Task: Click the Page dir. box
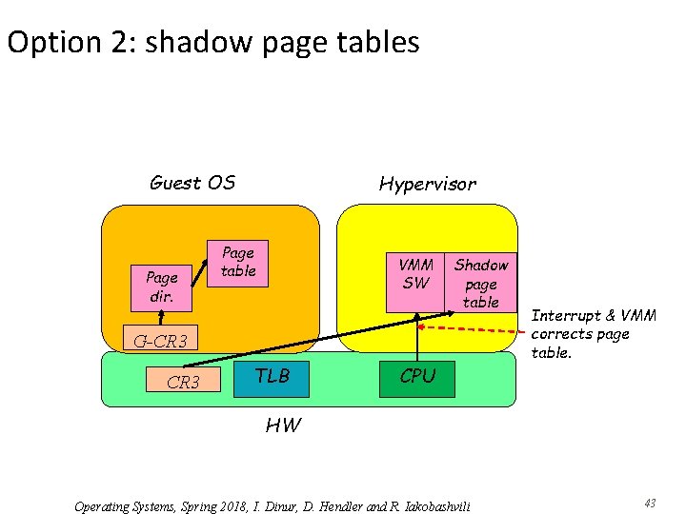coord(161,286)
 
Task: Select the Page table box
coord(237,262)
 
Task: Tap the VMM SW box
coord(415,282)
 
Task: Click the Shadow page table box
coord(480,283)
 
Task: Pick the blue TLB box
coord(272,377)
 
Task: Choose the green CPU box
coord(417,377)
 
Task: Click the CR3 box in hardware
coord(183,383)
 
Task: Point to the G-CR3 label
coord(159,341)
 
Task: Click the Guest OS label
coord(192,183)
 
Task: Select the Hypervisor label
coord(427,184)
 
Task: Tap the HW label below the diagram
coord(283,425)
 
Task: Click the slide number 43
coord(651,503)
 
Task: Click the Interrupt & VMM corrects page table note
coord(579,334)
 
